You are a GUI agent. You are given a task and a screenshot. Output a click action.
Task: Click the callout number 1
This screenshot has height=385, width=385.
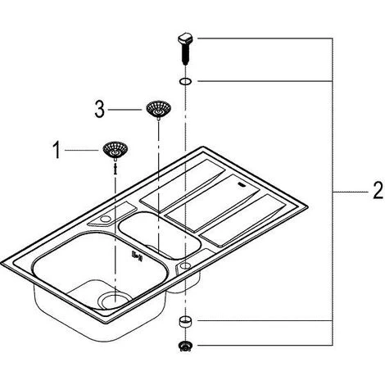coord(57,150)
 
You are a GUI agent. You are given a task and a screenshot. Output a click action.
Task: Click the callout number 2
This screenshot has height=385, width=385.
coord(378,191)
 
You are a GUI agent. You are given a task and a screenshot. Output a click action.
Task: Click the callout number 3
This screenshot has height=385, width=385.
coord(99,110)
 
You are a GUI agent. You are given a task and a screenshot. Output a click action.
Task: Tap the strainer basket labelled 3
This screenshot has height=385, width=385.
coord(158,109)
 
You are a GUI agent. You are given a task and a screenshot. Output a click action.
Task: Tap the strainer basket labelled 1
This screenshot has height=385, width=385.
coord(115,150)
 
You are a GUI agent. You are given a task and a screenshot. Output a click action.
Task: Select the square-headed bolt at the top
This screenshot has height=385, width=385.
coord(185,48)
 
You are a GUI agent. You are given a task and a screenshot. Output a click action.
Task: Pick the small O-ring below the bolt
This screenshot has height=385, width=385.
coord(185,81)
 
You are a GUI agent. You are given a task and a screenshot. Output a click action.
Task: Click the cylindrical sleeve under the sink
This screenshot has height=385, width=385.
coord(185,321)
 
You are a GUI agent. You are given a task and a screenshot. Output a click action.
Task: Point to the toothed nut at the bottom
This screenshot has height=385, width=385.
coord(185,346)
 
